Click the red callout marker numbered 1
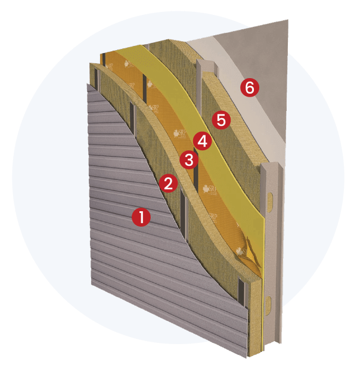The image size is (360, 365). [x=141, y=217]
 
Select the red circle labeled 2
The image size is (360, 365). [x=169, y=183]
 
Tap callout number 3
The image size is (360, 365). [x=189, y=159]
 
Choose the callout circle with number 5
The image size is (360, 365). [x=221, y=120]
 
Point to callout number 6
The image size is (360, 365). [x=250, y=87]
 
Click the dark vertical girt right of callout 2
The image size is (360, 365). [x=185, y=209]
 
